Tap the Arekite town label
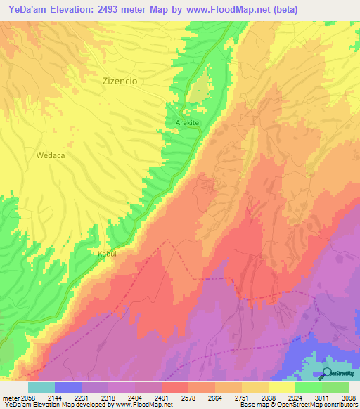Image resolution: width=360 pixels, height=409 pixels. click(x=188, y=123)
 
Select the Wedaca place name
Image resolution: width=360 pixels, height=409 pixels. click(x=51, y=156)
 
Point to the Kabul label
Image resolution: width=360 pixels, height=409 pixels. click(x=106, y=253)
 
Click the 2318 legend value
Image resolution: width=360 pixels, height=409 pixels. click(x=108, y=397)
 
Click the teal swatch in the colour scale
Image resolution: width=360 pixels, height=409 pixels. click(x=41, y=387)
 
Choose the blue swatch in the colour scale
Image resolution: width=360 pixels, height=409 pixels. click(x=68, y=387)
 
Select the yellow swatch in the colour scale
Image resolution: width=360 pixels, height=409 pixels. click(x=282, y=387)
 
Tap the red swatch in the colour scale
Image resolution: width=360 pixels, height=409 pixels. click(x=175, y=387)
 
